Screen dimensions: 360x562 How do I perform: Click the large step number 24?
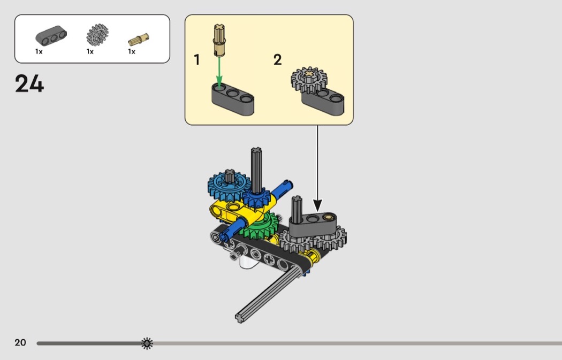coord(29,84)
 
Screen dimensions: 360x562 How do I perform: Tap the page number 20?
coord(20,343)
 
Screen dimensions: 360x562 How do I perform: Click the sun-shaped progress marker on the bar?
coord(147,343)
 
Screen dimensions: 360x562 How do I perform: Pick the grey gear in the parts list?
coord(97,35)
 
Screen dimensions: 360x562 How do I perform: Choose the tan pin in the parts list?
coord(139,39)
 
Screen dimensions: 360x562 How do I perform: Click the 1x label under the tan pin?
coord(132,52)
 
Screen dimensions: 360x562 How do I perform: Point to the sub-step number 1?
coord(197,60)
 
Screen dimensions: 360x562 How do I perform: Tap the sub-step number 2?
coord(277,60)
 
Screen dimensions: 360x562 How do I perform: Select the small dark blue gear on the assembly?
coord(257,199)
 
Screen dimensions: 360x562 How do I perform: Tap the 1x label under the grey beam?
coord(39,52)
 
